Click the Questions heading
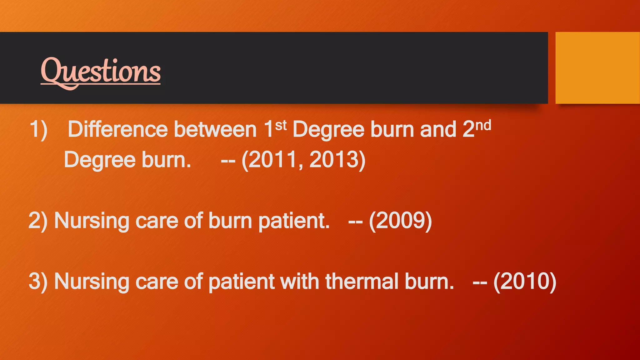(101, 71)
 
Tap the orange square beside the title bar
(597, 67)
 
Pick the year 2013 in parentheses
(334, 160)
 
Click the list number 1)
(38, 129)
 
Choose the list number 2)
(38, 221)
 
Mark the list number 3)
(38, 281)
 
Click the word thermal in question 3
(362, 281)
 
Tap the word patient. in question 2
(294, 221)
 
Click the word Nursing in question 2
(91, 221)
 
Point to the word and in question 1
(438, 129)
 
